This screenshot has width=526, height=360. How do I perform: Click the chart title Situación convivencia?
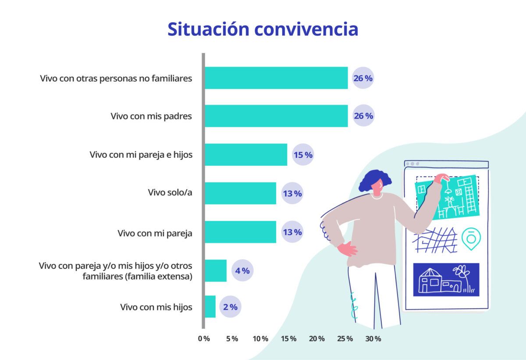[x=263, y=29]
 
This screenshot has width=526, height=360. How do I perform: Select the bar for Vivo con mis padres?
[x=276, y=116]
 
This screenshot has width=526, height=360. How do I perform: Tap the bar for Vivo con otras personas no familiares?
[x=276, y=78]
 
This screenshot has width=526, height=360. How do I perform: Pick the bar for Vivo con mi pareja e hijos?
[x=246, y=155]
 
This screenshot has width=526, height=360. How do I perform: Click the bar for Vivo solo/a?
[x=241, y=193]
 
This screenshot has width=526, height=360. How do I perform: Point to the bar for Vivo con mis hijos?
[x=210, y=307]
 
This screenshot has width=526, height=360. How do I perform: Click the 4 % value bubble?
[x=242, y=271]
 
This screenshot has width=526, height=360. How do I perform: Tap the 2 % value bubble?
[x=230, y=307]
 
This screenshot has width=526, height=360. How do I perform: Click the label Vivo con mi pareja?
[x=155, y=233]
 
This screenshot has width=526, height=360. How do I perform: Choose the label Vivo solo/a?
[x=170, y=193]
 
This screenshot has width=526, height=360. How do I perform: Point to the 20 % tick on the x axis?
[x=316, y=339]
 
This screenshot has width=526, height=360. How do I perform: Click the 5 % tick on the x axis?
[x=232, y=339]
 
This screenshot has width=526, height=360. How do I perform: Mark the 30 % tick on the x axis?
[x=373, y=339]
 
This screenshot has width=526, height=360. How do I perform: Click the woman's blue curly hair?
[x=374, y=180]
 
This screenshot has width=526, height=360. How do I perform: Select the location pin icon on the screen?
[x=471, y=239]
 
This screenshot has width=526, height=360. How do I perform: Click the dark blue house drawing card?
[x=446, y=280]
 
